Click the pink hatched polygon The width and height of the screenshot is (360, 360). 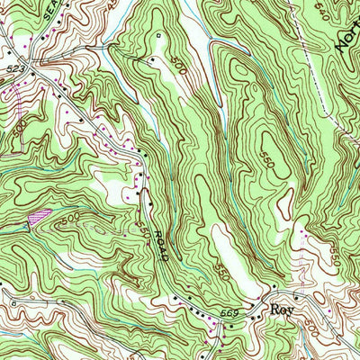pos(37,215)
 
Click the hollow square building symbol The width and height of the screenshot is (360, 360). pos(157,37)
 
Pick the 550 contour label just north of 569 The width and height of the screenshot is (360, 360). pos(222,267)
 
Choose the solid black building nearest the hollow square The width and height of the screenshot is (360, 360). pos(153,58)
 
